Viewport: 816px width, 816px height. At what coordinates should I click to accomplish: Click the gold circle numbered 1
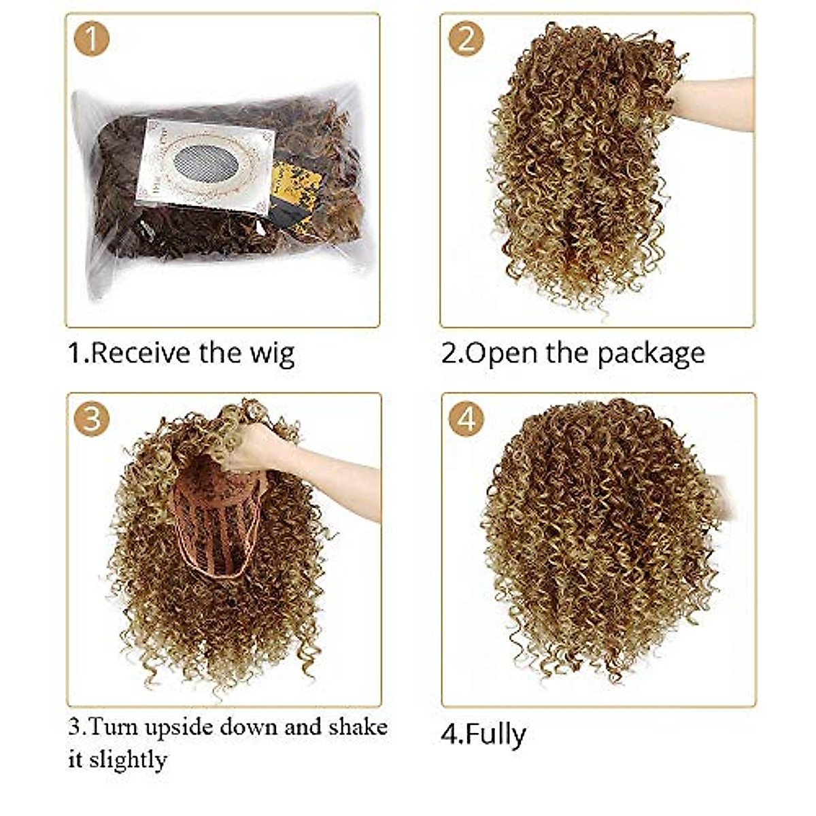point(91,38)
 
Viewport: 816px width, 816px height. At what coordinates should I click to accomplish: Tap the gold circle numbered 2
point(466,38)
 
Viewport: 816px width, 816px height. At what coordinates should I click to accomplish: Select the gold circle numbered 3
point(91,418)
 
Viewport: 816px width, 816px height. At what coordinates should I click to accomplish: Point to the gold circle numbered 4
point(466,418)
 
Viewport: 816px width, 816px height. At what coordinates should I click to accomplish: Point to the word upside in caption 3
point(179,728)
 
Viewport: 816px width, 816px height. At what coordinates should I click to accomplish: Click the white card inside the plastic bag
point(204,163)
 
